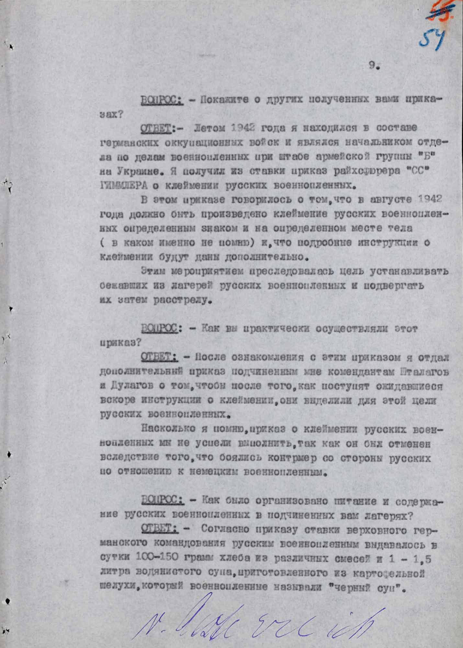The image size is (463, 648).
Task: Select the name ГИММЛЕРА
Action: (x=120, y=186)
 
